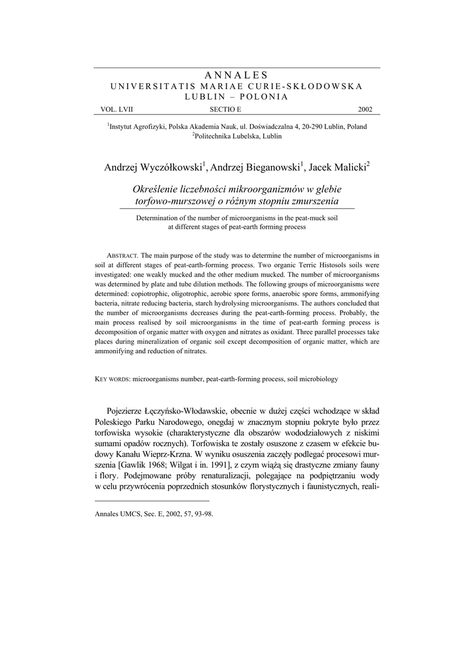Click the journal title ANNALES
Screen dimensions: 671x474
click(x=236, y=76)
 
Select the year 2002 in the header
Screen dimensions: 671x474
click(x=365, y=109)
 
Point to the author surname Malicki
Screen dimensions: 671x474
click(x=348, y=166)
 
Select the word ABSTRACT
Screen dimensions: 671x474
click(x=122, y=255)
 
